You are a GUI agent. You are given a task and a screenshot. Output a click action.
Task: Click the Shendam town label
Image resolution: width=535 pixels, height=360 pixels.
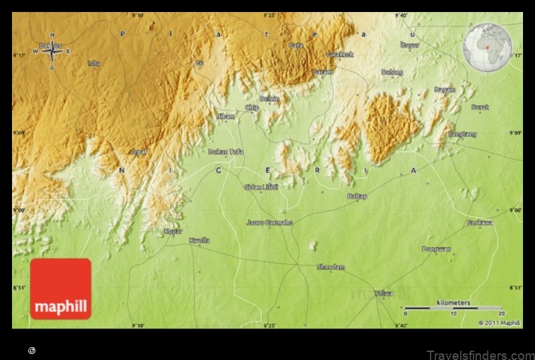(x=331, y=267)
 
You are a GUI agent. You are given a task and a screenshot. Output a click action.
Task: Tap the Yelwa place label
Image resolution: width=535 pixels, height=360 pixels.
(x=384, y=293)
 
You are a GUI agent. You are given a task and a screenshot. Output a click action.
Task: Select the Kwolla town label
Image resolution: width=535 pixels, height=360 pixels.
(x=199, y=240)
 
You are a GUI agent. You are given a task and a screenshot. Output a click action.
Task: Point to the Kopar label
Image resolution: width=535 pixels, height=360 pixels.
(x=173, y=231)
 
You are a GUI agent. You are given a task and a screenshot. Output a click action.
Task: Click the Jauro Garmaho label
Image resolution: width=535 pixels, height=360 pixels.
(x=270, y=222)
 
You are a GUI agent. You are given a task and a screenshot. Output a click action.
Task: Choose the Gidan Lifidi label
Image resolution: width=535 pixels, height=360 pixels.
(x=261, y=187)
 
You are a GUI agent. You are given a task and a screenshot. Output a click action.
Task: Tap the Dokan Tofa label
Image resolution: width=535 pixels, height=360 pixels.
(x=226, y=152)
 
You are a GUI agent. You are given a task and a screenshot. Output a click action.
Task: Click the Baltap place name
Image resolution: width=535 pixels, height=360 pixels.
(x=357, y=196)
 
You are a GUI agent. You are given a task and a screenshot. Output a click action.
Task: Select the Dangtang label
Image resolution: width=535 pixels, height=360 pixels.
(x=463, y=134)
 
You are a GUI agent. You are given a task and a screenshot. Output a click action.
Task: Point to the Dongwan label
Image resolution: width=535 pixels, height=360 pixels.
(x=436, y=249)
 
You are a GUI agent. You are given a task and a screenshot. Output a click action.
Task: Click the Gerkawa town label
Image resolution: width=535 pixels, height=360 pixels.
(x=479, y=222)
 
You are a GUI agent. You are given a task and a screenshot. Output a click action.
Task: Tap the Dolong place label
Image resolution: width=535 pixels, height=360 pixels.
(x=392, y=72)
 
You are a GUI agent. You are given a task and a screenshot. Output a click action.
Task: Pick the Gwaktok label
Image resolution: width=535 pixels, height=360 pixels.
(x=340, y=54)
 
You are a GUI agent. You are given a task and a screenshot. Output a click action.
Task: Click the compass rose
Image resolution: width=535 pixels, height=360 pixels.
(x=52, y=51)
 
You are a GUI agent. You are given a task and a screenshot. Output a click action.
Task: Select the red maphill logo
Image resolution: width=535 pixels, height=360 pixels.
(x=60, y=288)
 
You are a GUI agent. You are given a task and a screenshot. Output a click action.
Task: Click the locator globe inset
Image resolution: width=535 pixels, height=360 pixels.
(x=487, y=43)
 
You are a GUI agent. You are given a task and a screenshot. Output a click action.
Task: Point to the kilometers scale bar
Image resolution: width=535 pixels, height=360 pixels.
(x=453, y=308)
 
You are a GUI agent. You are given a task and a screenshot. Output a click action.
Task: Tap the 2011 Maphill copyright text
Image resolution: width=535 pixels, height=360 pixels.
(x=499, y=323)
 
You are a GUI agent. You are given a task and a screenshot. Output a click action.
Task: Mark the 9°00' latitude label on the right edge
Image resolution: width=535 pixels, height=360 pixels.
(x=515, y=210)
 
